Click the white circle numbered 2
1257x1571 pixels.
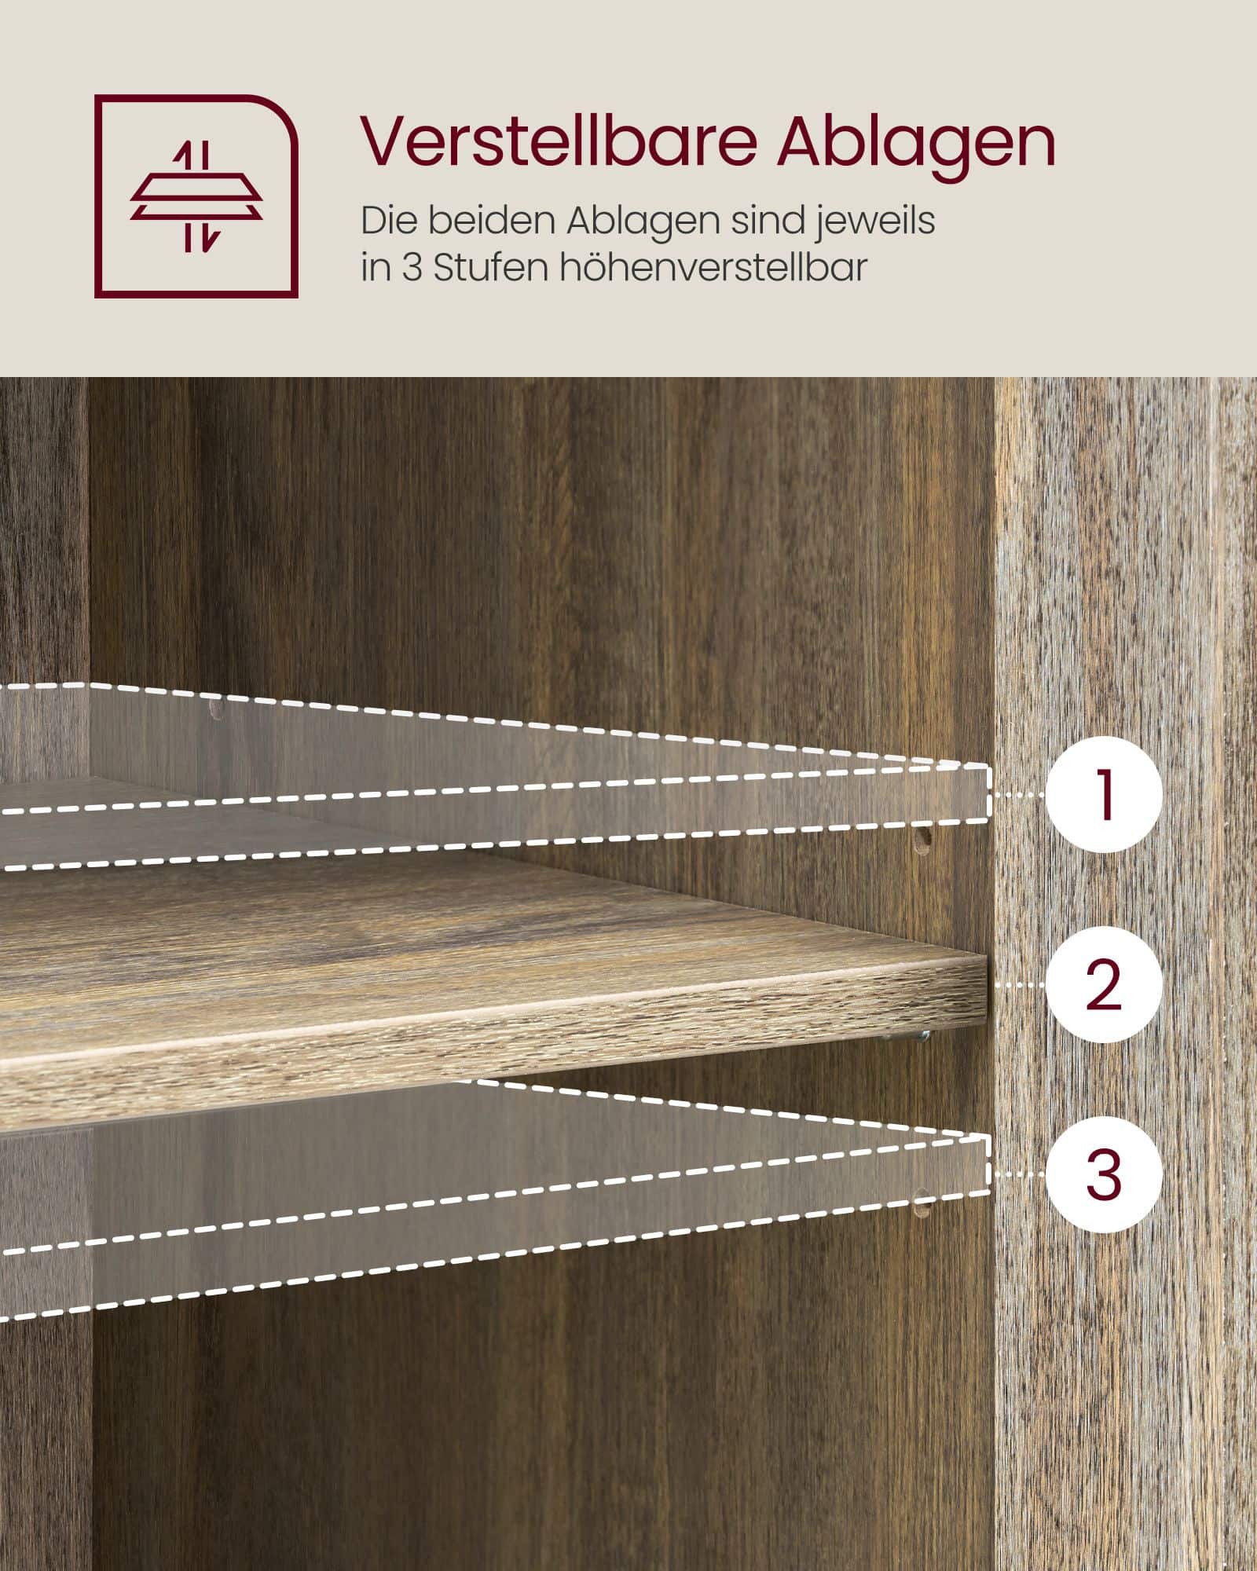(1104, 985)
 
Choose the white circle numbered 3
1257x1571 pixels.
(1104, 1174)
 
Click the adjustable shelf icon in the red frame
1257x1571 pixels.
(196, 196)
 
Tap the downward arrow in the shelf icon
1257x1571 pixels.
(205, 236)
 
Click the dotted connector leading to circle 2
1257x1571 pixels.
(1017, 983)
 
